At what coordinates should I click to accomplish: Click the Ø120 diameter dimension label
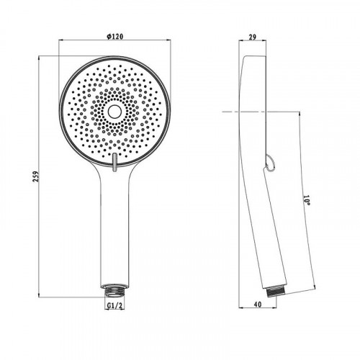click(x=114, y=36)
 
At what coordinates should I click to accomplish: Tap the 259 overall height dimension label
click(x=35, y=176)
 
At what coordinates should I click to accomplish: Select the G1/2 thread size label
click(x=114, y=306)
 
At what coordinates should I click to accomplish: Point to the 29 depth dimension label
click(x=252, y=37)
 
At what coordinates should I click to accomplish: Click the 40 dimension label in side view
click(x=258, y=304)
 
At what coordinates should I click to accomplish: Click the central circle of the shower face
click(x=114, y=112)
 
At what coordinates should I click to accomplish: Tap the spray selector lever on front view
click(x=114, y=163)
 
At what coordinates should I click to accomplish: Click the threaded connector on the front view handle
click(x=114, y=291)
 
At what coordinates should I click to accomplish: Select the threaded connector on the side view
click(x=276, y=292)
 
